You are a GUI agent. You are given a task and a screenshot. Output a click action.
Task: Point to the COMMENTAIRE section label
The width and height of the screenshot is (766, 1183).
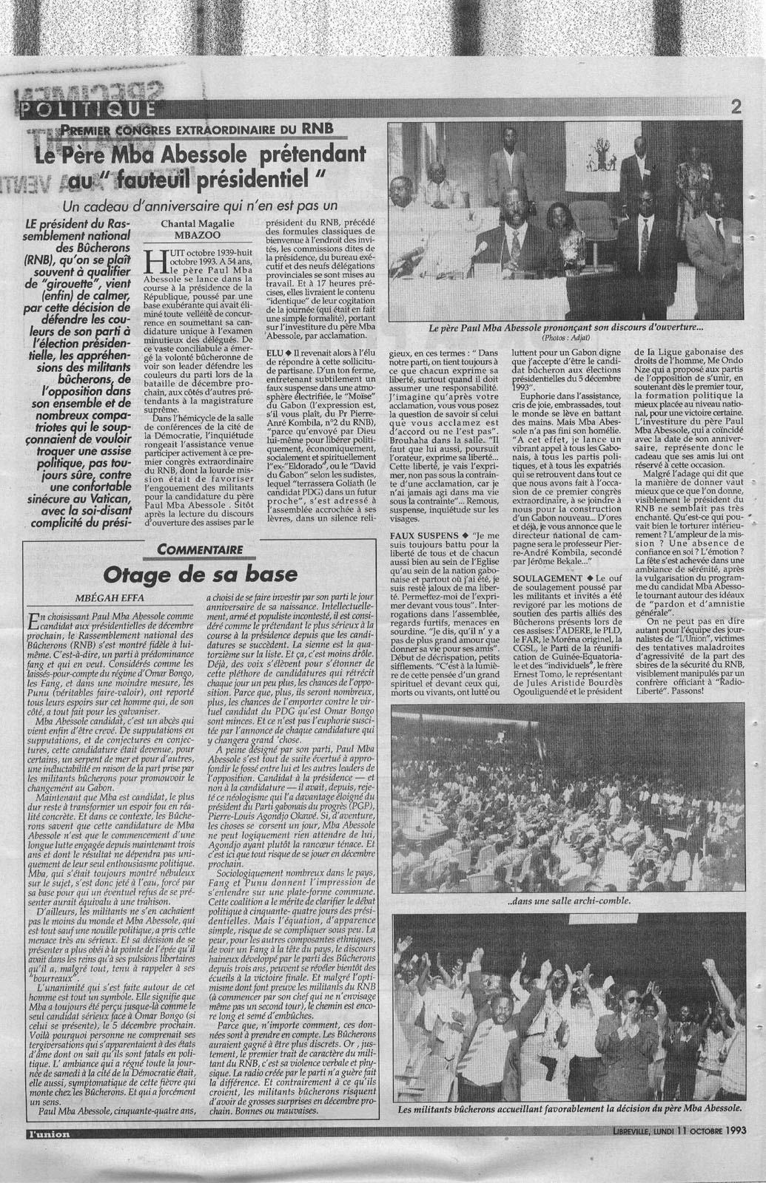tap(200, 549)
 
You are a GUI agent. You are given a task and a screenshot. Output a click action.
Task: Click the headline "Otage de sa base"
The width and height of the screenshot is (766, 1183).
tap(201, 574)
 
